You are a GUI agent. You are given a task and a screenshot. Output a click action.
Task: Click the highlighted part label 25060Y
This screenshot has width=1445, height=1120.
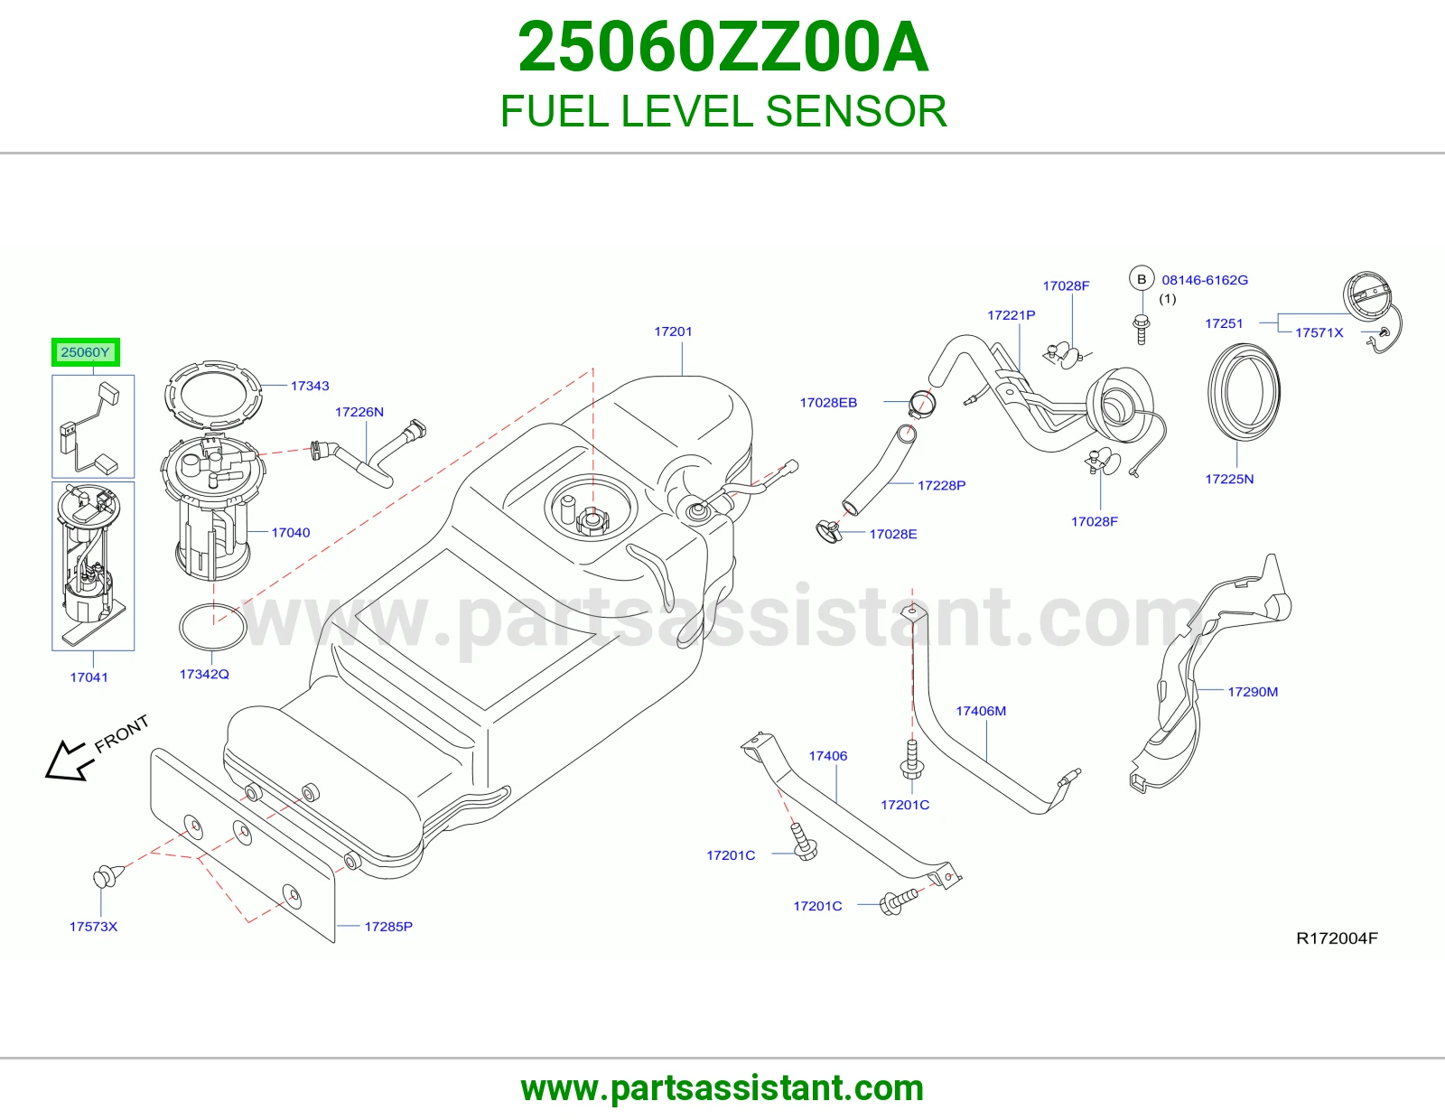[x=85, y=352]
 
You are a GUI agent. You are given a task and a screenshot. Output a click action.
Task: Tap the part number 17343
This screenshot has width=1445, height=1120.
[x=310, y=386]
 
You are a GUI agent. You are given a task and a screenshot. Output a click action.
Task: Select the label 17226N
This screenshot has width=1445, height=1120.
[x=359, y=412]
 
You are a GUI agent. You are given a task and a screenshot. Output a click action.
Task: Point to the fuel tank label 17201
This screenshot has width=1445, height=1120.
[x=673, y=331]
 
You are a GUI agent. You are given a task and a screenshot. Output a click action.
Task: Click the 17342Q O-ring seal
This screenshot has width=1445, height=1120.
[x=213, y=606]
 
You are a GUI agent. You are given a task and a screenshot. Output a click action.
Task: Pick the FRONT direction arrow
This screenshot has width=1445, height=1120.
[x=66, y=761]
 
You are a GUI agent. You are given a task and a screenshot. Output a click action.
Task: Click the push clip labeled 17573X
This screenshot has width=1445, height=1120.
[x=108, y=876]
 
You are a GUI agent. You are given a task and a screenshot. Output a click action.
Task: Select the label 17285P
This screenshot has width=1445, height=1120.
[x=388, y=927]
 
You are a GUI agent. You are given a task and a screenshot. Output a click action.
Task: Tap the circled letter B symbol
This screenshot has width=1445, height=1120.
[x=1142, y=279]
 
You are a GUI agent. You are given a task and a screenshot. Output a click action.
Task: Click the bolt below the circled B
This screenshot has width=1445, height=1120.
[x=1142, y=329]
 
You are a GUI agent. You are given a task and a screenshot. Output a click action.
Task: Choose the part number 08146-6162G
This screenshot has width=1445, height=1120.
[x=1205, y=280]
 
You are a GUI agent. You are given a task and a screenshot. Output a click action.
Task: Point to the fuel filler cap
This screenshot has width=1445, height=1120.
[x=1366, y=297]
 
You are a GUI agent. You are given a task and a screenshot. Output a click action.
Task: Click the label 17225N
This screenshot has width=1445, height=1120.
[x=1229, y=479]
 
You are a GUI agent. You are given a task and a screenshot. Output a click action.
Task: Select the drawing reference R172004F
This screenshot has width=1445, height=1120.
[x=1338, y=938]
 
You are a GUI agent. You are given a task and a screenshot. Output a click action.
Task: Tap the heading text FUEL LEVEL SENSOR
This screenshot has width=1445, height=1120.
[x=722, y=111]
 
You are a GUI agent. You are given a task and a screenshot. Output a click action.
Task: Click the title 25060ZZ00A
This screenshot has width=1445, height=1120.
[x=722, y=47]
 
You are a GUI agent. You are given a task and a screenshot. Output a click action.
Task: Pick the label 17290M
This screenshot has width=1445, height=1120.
[x=1253, y=692]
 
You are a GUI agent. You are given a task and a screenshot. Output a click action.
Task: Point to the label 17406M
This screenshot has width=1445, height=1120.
[x=981, y=711]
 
